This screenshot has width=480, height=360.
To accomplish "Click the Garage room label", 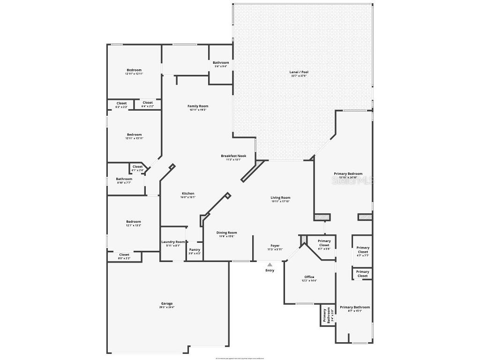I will click(167, 304).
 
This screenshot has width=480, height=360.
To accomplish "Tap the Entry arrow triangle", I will click(270, 265).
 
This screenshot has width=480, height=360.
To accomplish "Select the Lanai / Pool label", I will click(299, 72).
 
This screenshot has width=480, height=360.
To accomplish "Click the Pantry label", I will click(195, 250).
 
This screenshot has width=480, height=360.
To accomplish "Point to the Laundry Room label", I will click(173, 242).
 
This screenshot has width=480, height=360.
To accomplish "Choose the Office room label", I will click(309, 277).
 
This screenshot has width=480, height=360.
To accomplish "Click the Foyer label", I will click(275, 246).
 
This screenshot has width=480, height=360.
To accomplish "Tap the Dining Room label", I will click(226, 232).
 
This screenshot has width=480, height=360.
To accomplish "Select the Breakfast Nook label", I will click(233, 156).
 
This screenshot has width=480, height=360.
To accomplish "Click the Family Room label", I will click(198, 106).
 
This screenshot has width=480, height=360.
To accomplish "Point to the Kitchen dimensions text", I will click(188, 197).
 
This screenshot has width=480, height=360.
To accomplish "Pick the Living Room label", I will click(280, 198).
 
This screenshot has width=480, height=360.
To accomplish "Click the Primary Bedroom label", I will click(348, 174).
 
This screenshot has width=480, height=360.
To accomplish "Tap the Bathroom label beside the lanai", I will click(221, 63).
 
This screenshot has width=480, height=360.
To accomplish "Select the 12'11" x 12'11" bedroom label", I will click(134, 70).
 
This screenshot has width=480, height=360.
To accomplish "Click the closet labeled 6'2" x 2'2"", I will click(121, 103).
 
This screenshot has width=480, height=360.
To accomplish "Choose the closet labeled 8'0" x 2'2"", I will click(124, 255).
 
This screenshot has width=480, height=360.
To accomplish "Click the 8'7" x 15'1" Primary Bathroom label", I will click(355, 307).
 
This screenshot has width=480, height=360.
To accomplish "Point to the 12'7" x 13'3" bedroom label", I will click(133, 222).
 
